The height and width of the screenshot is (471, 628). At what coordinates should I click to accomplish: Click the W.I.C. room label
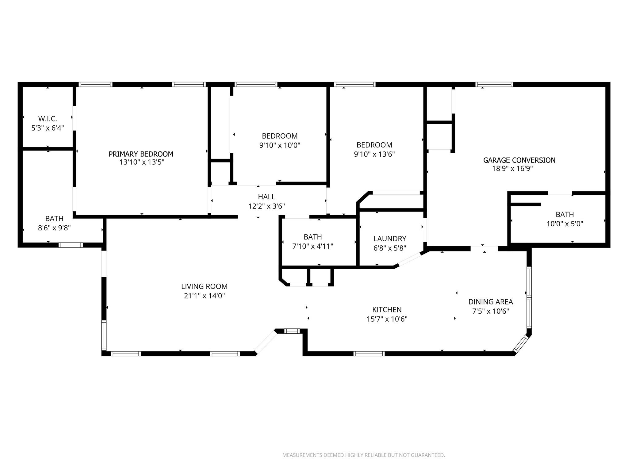pyautogui.click(x=48, y=119)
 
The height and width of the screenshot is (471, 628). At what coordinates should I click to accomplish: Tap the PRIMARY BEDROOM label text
pyautogui.click(x=141, y=154)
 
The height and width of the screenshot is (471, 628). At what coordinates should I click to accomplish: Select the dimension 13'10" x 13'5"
pyautogui.click(x=142, y=162)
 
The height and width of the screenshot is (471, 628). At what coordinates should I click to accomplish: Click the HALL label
pyautogui.click(x=266, y=197)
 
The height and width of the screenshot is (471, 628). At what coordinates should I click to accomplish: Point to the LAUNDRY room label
pyautogui.click(x=390, y=239)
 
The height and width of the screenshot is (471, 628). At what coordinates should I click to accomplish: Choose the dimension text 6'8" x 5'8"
pyautogui.click(x=390, y=248)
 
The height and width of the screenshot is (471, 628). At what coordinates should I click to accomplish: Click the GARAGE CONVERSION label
pyautogui.click(x=519, y=160)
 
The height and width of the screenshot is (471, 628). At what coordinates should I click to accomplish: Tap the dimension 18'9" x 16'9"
pyautogui.click(x=512, y=169)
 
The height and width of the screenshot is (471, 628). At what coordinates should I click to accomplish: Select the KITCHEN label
pyautogui.click(x=387, y=310)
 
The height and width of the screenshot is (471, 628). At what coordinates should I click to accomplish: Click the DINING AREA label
pyautogui.click(x=490, y=302)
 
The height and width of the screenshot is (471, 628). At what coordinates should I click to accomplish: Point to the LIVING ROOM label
pyautogui.click(x=204, y=286)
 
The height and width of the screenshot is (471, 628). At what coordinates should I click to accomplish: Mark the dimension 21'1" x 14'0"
pyautogui.click(x=204, y=296)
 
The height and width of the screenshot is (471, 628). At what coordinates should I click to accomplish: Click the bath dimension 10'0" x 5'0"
pyautogui.click(x=565, y=224)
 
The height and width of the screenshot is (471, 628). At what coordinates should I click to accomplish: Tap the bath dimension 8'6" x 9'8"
pyautogui.click(x=54, y=228)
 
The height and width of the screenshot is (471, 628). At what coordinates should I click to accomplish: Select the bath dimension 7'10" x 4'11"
pyautogui.click(x=312, y=246)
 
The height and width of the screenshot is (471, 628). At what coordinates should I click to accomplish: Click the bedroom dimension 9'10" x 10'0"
pyautogui.click(x=280, y=145)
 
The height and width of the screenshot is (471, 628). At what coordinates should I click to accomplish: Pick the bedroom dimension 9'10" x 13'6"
pyautogui.click(x=374, y=154)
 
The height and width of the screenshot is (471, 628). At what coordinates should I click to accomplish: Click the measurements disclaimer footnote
pyautogui.click(x=363, y=455)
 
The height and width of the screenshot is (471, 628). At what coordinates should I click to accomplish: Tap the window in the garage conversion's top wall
pyautogui.click(x=494, y=85)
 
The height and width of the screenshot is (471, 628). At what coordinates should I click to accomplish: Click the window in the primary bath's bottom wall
pyautogui.click(x=71, y=245)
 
